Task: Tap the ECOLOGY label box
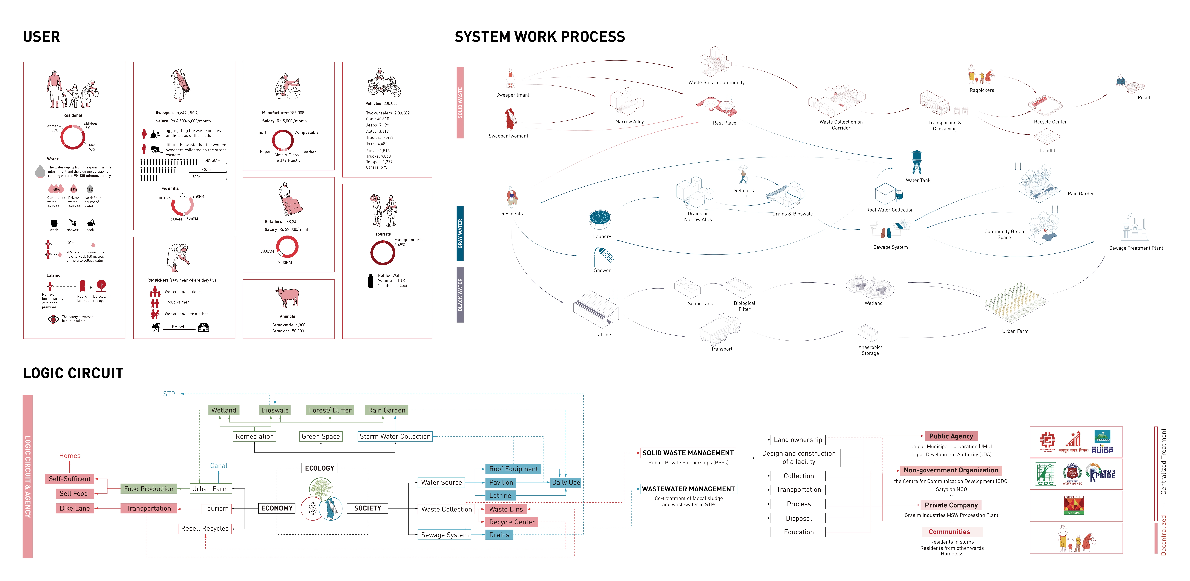[x=319, y=468]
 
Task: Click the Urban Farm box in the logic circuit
[x=210, y=489]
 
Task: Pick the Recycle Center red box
[x=511, y=522]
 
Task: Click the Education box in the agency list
[x=798, y=532]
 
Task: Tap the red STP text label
[x=169, y=394]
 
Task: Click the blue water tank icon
[x=917, y=162]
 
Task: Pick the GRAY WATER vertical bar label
[x=460, y=233]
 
